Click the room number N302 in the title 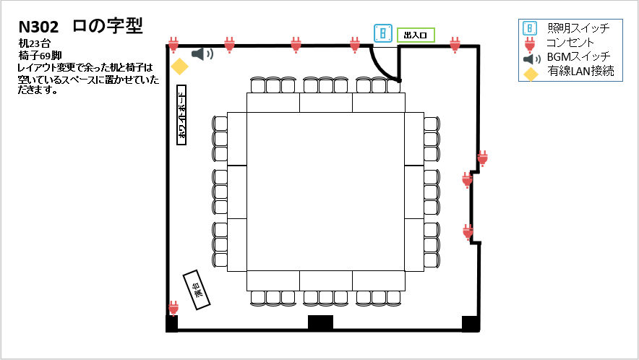click(39, 27)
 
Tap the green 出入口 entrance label click(416, 35)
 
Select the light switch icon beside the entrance click(383, 33)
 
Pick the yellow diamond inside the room click(179, 67)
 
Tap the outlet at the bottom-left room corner click(173, 308)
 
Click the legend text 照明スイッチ click(578, 29)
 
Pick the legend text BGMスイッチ click(578, 57)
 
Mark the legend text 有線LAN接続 click(580, 71)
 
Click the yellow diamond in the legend click(531, 73)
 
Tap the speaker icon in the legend click(531, 59)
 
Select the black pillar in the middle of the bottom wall click(320, 323)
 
